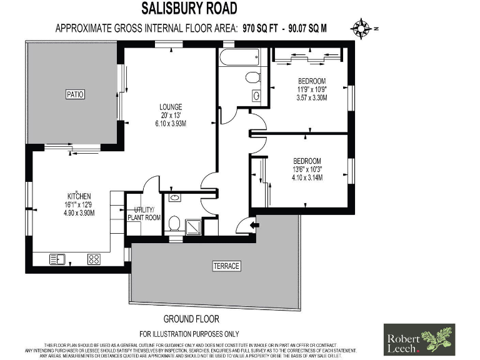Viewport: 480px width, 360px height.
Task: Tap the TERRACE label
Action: (226, 266)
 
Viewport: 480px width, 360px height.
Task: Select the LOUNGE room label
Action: (170, 106)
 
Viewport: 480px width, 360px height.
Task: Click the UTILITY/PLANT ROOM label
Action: (144, 214)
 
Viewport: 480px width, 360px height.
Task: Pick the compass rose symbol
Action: (361, 27)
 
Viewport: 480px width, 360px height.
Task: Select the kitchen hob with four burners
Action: (94, 258)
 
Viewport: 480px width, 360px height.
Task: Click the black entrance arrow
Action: (254, 225)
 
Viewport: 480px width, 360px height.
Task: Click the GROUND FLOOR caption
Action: (189, 318)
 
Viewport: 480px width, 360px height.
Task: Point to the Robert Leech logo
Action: (419, 339)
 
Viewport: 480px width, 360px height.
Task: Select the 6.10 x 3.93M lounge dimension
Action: (170, 124)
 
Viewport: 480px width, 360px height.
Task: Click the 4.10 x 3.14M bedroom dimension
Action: (307, 177)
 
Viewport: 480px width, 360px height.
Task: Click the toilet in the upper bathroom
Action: (253, 77)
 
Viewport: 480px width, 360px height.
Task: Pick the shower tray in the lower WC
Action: (194, 226)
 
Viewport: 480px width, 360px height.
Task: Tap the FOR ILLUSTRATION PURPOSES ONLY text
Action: (189, 334)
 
